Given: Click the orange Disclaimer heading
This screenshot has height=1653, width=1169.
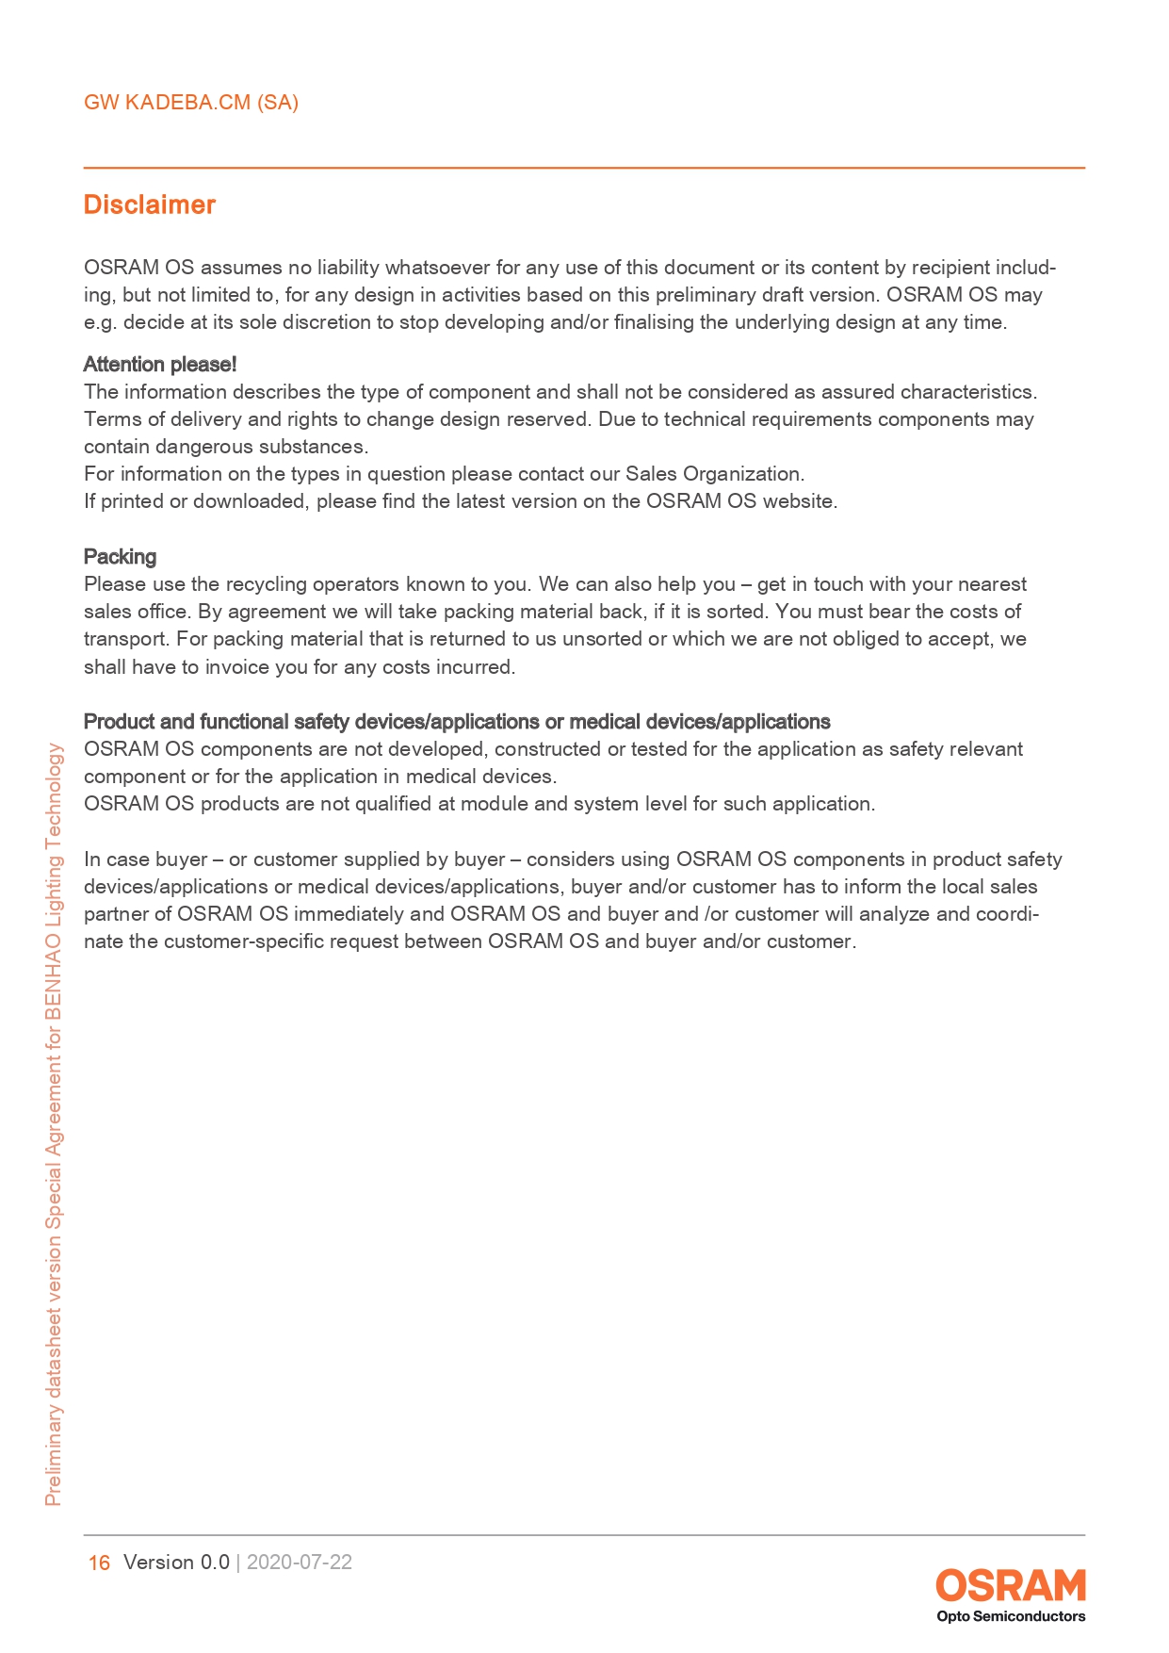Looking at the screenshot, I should click(150, 205).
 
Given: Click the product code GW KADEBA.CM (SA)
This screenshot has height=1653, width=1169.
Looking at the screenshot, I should click(191, 103).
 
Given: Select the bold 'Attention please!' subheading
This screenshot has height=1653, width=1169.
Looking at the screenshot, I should click(160, 365).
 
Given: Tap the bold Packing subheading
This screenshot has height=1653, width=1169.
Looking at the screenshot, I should click(120, 556).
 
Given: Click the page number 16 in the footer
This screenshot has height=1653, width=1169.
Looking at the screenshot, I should click(99, 1563).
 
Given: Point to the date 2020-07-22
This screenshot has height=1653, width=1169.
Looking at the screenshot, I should click(300, 1562).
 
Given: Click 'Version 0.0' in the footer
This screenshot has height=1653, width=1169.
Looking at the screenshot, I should click(176, 1562).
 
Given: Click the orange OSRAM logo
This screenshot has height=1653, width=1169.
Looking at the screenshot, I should click(1010, 1585).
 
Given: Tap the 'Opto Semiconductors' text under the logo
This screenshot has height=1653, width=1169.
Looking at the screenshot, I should click(1010, 1616).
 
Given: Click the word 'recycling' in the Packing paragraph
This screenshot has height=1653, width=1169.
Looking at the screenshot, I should click(267, 584).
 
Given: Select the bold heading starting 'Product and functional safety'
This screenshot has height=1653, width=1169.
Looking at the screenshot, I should click(457, 722).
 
